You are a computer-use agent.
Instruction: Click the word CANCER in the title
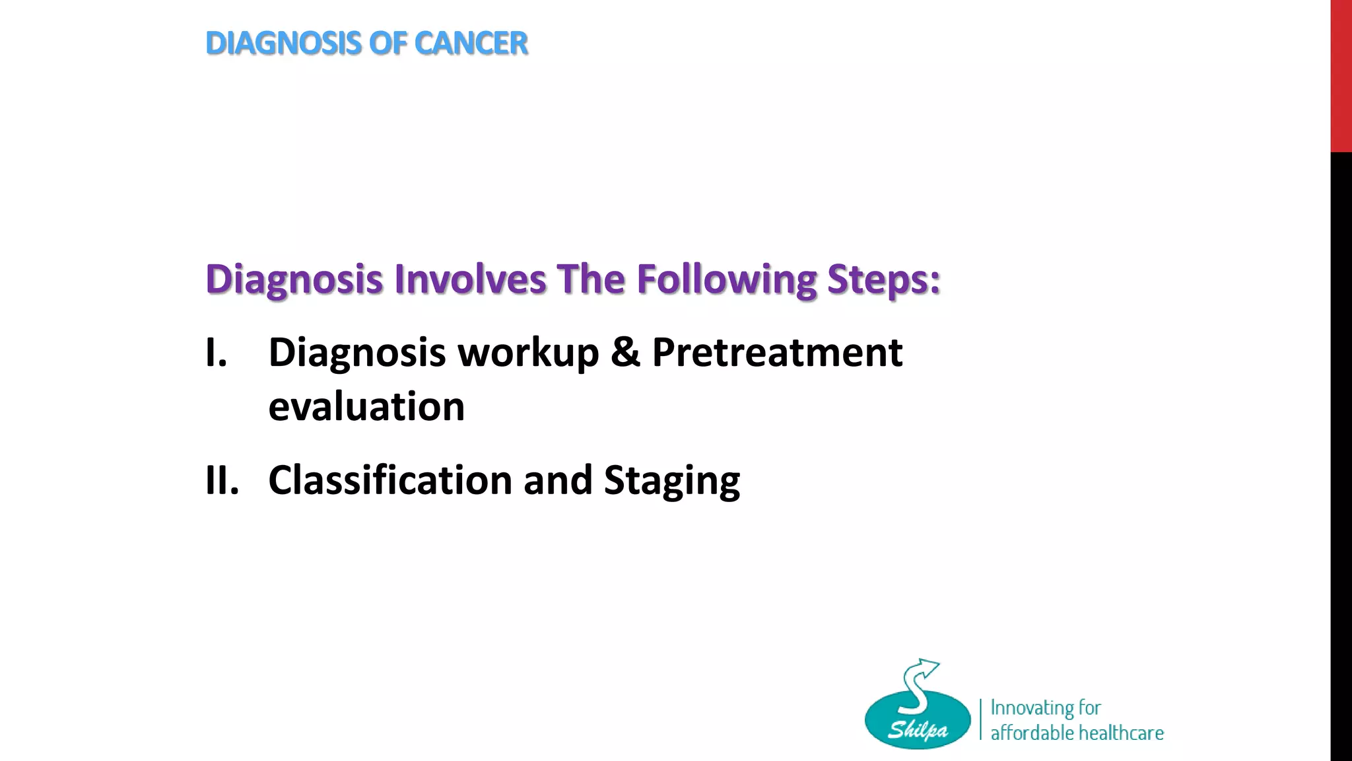[471, 44]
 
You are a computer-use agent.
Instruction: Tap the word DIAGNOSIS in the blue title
[284, 44]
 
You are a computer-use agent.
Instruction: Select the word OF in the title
[388, 44]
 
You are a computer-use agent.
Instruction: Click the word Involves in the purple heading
[470, 279]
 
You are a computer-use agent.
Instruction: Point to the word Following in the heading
[726, 280]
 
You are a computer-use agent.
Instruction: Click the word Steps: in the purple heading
[883, 280]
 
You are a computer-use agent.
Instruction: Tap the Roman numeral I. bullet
[216, 353]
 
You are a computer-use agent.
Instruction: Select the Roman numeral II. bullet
[222, 480]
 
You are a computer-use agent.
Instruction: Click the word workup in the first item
[528, 353]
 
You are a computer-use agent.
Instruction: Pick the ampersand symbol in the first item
[625, 353]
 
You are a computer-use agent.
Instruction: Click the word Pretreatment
[777, 353]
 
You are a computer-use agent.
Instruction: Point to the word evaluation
[366, 406]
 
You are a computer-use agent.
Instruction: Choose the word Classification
[390, 480]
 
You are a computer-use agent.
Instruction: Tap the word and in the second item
[558, 480]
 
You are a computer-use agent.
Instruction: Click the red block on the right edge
[1341, 76]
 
